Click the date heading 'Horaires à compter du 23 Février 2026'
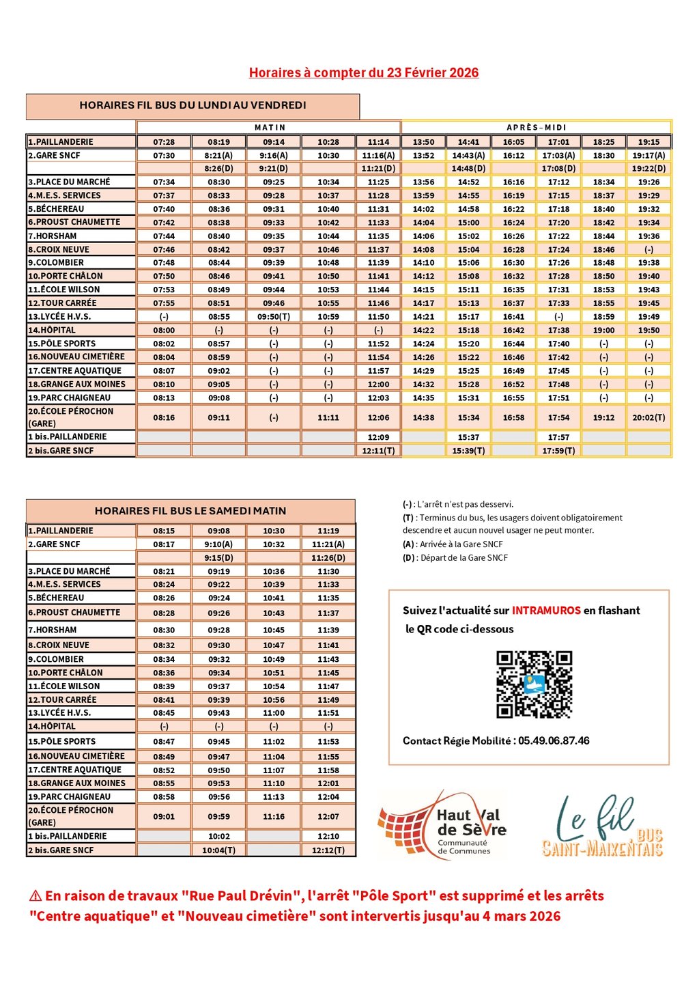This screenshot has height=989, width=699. coord(363,73)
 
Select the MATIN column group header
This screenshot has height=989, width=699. coord(270,128)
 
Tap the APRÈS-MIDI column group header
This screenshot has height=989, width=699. coord(537,128)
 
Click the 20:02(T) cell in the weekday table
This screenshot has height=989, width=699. coord(648,417)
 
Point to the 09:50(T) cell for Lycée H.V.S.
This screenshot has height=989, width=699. coord(274,317)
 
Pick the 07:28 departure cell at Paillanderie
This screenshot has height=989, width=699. coord(164,142)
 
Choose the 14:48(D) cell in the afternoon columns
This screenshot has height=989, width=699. coord(468,169)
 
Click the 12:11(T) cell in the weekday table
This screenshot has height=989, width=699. coord(378,451)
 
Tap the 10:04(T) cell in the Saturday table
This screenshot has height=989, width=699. coord(218,850)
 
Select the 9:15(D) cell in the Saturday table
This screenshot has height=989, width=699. coord(218,558)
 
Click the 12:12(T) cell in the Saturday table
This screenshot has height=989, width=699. coord(328,850)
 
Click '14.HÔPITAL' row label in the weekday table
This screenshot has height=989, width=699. coord(52,331)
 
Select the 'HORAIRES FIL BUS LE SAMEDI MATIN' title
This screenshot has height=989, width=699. coord(190,511)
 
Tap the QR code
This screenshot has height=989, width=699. coord(534,684)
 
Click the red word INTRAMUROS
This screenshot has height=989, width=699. coord(546,611)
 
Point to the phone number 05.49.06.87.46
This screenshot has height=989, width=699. coord(554,741)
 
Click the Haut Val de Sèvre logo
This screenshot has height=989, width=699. coord(442,825)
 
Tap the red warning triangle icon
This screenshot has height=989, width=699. coord(35,896)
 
